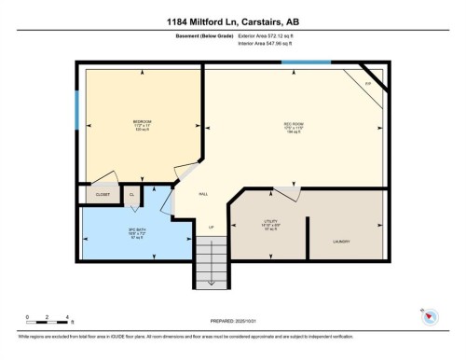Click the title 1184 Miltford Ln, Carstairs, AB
(x=233, y=20)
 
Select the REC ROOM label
(x=295, y=124)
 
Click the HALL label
(x=203, y=194)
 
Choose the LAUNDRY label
(x=341, y=242)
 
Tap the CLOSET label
(x=103, y=194)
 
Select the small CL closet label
(x=131, y=194)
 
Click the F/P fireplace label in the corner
(x=368, y=83)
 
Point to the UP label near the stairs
(x=211, y=227)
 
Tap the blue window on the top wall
(x=307, y=62)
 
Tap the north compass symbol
(x=430, y=316)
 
